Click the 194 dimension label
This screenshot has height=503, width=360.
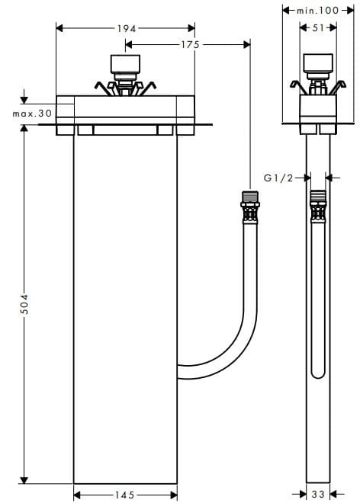[126, 28]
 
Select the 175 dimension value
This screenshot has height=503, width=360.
[190, 45]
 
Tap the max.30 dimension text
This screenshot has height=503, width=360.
[31, 114]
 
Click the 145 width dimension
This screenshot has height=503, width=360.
[124, 495]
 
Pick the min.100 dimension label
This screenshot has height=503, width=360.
[319, 10]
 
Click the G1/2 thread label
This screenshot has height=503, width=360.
[278, 178]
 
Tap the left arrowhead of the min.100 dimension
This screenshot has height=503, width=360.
[286, 10]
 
